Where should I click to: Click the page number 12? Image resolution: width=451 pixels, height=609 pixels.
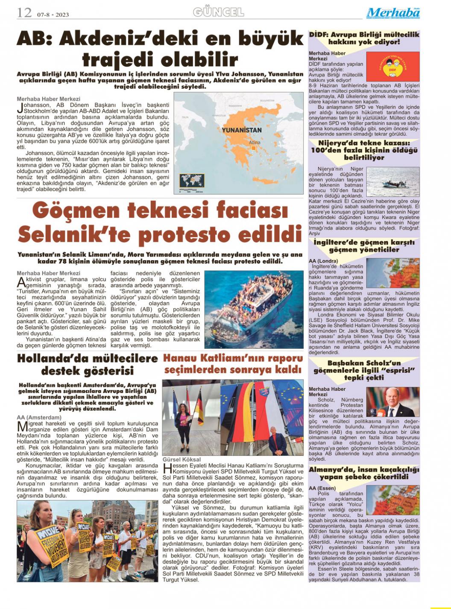pos(24,13)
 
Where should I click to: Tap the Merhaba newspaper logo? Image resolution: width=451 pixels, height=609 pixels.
pos(393,13)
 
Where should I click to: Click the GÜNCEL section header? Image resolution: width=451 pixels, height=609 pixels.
pos(218,12)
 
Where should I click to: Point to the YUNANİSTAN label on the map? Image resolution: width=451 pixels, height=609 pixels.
pos(241,130)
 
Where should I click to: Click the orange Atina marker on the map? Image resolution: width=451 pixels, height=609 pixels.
pos(253,148)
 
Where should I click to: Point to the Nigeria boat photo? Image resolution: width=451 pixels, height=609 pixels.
pos(393,182)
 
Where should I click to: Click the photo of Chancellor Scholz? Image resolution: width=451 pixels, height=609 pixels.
pos(393,402)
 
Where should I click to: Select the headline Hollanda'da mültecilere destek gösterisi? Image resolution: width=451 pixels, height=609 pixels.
pos(88,364)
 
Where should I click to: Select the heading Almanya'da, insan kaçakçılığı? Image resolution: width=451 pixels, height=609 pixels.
pos(364,473)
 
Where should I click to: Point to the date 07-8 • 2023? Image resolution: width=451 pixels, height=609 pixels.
pos(53,15)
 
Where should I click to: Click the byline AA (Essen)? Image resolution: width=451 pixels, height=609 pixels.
pos(322,488)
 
